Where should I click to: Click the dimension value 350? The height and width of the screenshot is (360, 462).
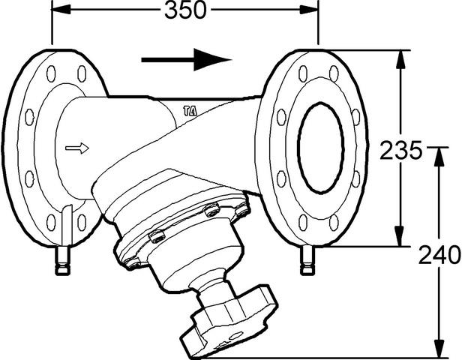[x=185, y=10]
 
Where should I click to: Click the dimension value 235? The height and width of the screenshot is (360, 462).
[x=401, y=150]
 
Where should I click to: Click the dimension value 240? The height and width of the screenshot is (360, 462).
[x=439, y=255]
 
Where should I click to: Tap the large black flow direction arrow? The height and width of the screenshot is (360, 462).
[x=187, y=60]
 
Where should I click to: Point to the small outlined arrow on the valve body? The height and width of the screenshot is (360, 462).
[x=77, y=148]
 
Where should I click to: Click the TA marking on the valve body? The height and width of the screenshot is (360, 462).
[x=190, y=111]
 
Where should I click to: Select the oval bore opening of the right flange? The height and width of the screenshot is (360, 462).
[x=321, y=148]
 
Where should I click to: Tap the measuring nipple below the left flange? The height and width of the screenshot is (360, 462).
[x=63, y=260]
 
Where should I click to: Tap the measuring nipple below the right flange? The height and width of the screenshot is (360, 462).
[x=307, y=260]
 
